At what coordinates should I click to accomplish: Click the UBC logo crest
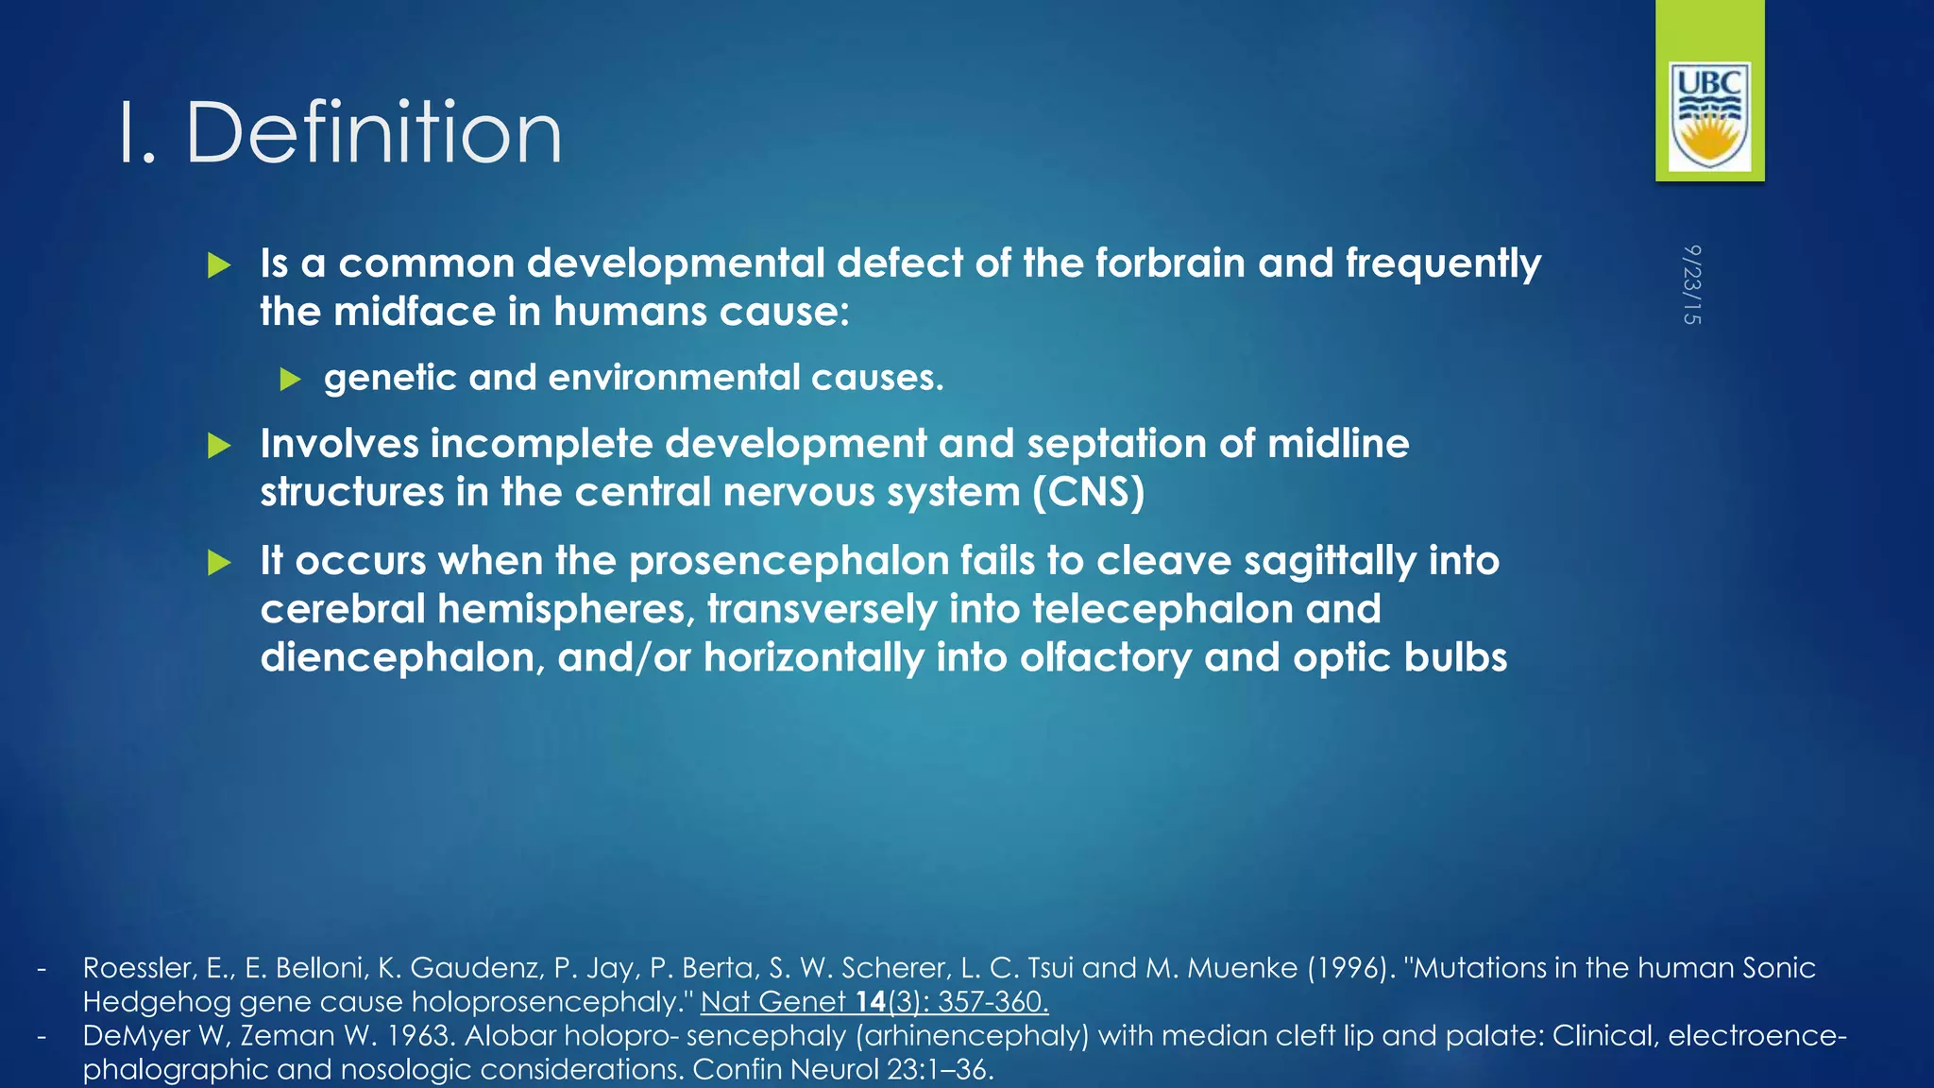click(x=1709, y=116)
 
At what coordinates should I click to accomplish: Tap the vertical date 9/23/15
click(x=1691, y=284)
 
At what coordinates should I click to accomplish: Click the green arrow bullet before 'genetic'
click(x=290, y=380)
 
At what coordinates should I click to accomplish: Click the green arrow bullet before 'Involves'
click(x=219, y=446)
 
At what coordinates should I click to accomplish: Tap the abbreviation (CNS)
click(x=1088, y=492)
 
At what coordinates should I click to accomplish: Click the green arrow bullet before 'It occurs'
click(x=219, y=564)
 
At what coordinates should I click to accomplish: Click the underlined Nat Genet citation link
click(x=874, y=1001)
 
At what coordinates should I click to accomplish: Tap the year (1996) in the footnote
click(x=1351, y=968)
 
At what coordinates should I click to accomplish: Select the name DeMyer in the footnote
click(x=135, y=1036)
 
